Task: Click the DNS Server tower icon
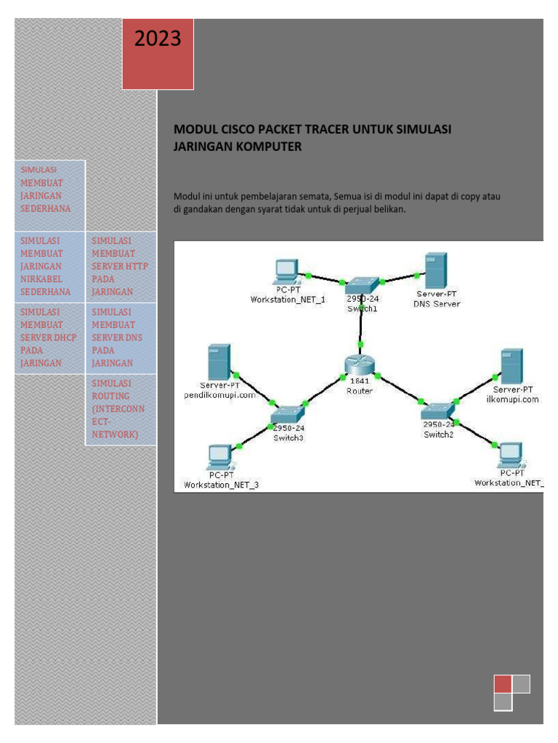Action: point(436,271)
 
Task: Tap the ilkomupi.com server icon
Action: point(511,366)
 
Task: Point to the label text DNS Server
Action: point(436,304)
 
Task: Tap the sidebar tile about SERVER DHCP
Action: point(49,337)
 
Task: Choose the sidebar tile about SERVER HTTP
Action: point(120,266)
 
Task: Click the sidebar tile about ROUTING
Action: point(120,409)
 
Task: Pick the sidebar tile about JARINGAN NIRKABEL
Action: point(49,266)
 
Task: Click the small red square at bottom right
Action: point(502,684)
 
